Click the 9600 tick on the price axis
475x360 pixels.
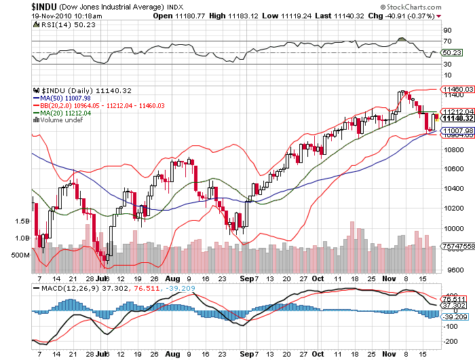pos(451,270)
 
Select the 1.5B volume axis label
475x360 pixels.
pos(21,221)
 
